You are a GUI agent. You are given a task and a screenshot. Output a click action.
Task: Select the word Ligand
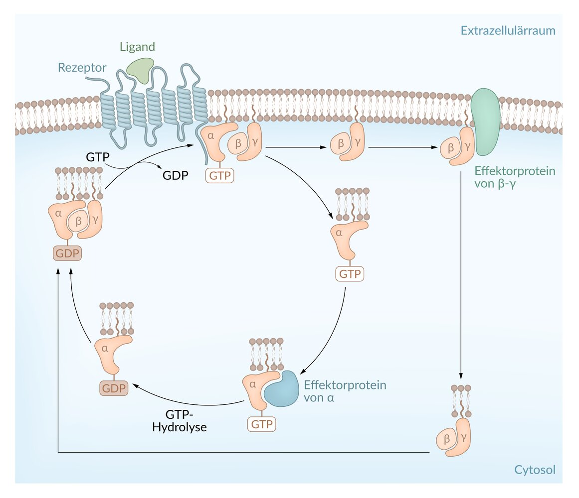(137, 47)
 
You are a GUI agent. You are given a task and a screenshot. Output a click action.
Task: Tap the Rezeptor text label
(82, 67)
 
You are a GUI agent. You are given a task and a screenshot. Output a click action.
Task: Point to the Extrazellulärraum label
(508, 31)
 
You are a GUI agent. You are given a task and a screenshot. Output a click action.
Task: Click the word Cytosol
(535, 470)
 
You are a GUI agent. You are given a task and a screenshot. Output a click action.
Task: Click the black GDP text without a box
(176, 175)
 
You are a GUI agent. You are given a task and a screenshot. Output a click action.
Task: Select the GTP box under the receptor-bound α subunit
(220, 175)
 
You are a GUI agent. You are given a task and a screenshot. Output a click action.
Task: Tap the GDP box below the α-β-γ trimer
(67, 253)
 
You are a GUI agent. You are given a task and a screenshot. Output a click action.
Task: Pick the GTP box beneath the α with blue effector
(261, 424)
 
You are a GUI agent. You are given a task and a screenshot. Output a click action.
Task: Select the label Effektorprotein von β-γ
(514, 178)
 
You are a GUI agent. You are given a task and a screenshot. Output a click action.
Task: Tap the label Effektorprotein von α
(345, 391)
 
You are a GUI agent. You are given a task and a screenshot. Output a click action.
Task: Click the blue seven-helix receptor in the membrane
(155, 107)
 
